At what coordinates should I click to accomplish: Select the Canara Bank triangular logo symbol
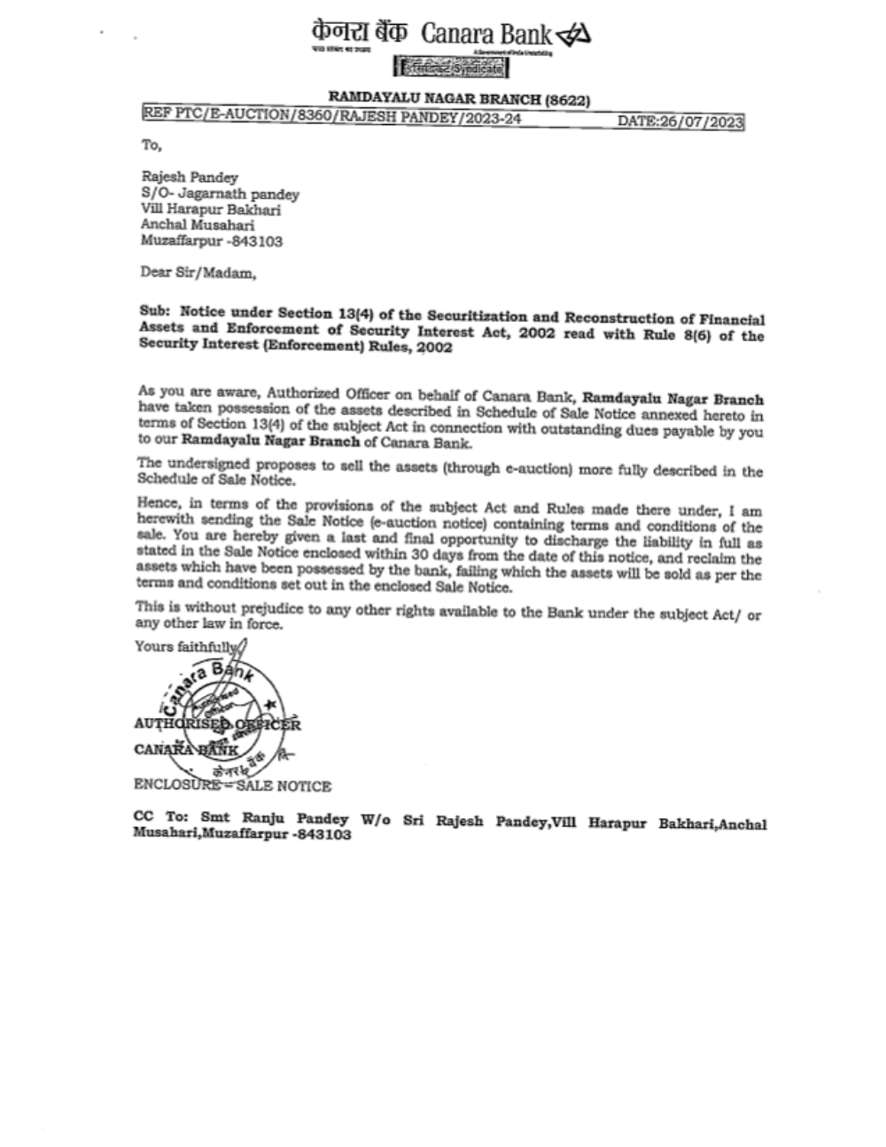click(573, 35)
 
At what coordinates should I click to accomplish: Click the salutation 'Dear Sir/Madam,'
click(198, 273)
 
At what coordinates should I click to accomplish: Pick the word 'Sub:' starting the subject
click(155, 313)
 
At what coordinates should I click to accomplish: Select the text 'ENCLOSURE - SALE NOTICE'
click(232, 785)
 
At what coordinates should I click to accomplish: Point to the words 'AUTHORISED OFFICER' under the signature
click(217, 724)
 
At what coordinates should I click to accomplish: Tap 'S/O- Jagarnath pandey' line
click(221, 193)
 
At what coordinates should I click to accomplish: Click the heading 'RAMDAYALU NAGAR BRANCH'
click(434, 100)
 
